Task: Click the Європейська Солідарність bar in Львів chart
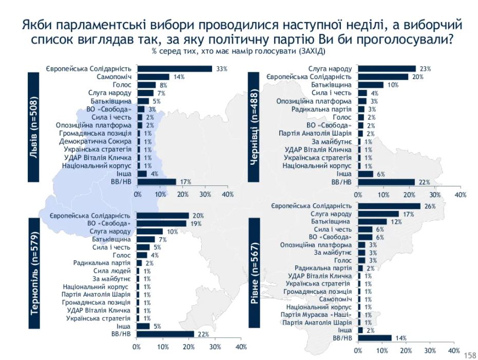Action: [x=175, y=69]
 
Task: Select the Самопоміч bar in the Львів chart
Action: [x=154, y=77]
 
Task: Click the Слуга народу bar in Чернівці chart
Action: [x=387, y=68]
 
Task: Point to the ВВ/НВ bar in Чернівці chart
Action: [x=386, y=182]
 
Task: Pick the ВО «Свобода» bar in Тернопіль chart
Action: [x=161, y=223]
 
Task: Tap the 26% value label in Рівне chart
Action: [x=429, y=206]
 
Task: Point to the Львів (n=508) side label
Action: [x=34, y=127]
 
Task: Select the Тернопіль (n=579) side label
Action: [x=34, y=273]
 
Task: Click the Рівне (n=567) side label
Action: [x=255, y=273]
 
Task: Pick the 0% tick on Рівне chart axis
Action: [x=358, y=351]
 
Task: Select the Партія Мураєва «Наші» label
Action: [x=316, y=314]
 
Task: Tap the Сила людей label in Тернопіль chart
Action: [x=115, y=271]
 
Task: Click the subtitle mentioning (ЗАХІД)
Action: [x=239, y=52]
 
